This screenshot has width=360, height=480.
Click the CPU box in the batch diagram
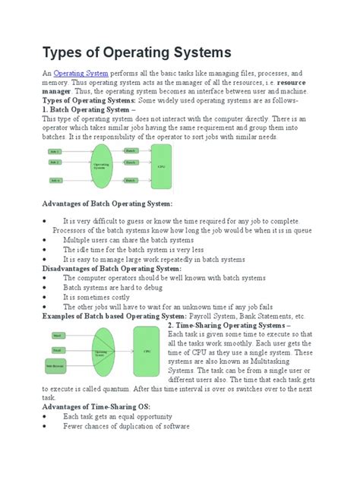click(160, 165)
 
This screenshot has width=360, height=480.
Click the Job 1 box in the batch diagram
click(55, 152)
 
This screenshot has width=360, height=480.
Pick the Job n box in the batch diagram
click(55, 179)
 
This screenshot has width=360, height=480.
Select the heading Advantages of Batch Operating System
click(107, 204)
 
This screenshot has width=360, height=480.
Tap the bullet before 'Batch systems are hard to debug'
click(45, 288)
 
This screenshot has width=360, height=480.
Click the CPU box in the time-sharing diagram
click(147, 352)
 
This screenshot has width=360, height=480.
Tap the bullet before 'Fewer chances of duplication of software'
click(45, 426)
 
